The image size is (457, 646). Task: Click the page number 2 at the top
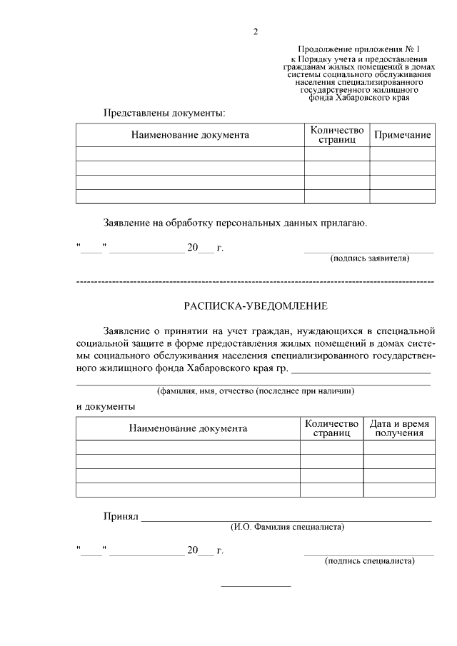coord(255,31)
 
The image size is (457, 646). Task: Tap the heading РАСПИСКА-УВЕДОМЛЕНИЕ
coord(256,306)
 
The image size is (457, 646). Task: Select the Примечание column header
coord(402,135)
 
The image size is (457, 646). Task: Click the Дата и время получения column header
coord(398,428)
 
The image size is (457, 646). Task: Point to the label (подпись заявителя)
coord(368,258)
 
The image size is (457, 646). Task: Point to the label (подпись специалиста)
coord(369,561)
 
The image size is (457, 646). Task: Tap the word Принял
coord(120,515)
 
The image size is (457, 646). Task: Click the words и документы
coord(106,406)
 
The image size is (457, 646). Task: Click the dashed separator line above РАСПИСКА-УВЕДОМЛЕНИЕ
coord(255,283)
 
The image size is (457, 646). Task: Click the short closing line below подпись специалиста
coord(256,586)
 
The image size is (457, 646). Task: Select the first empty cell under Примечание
coord(402,153)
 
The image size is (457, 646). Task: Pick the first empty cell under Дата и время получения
coord(398,447)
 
